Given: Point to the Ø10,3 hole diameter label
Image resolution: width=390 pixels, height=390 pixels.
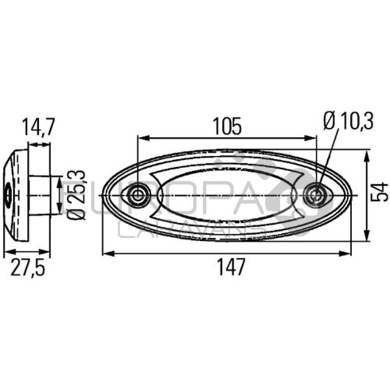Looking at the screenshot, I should [x=348, y=122].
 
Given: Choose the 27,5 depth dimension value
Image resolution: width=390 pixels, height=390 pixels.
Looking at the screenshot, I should [x=27, y=269].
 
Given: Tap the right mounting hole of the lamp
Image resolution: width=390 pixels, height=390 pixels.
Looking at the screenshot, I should [x=315, y=194].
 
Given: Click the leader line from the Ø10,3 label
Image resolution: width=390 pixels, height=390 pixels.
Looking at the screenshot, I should [x=328, y=158].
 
